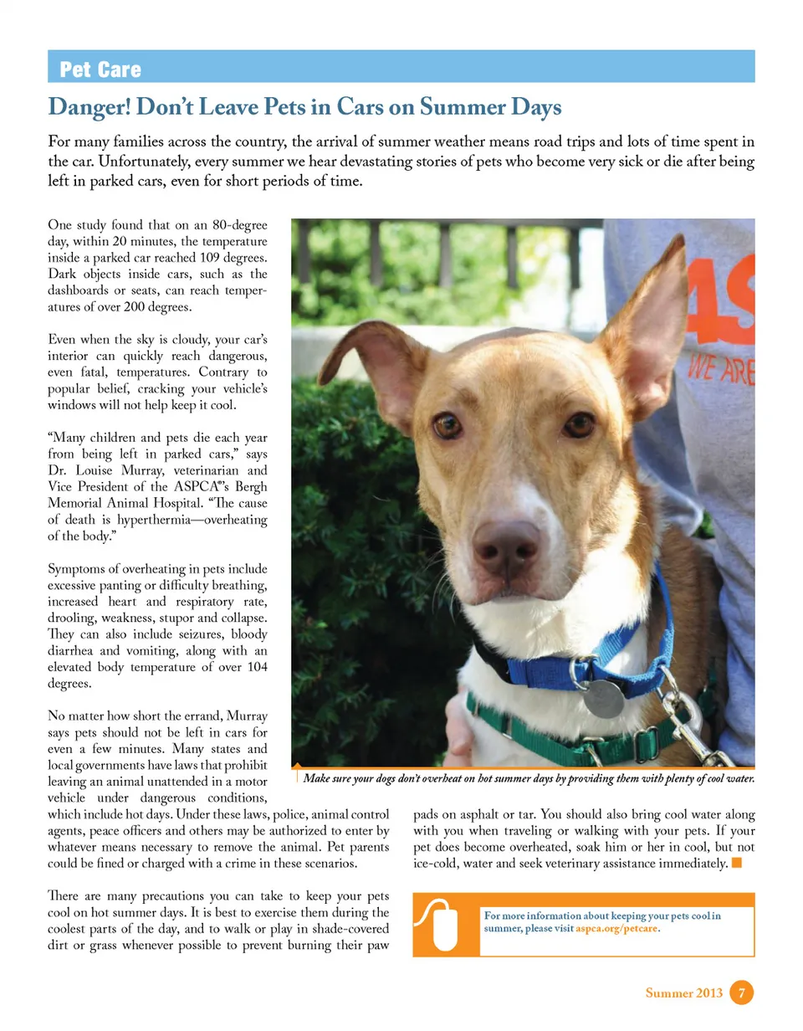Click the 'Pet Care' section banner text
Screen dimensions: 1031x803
point(100,69)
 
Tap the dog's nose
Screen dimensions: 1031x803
point(505,541)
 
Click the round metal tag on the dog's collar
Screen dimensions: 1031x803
point(603,698)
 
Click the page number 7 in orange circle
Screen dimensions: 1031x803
point(741,993)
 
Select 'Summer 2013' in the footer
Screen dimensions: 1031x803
point(683,993)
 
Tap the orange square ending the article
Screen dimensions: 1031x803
point(737,862)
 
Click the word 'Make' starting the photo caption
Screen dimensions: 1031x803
point(317,778)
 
